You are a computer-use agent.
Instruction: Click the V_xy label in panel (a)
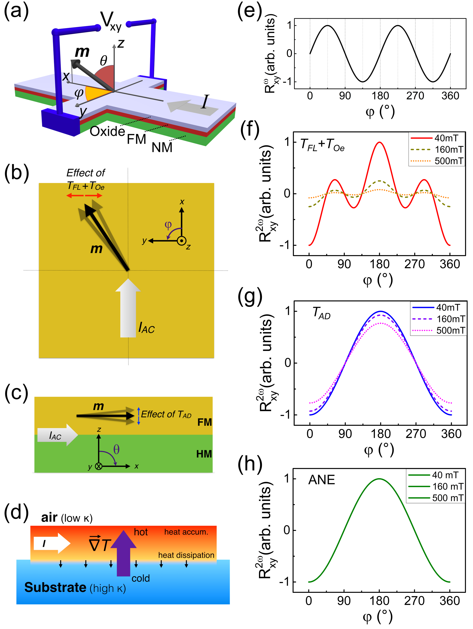tap(111, 21)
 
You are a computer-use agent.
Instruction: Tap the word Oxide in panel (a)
tap(107, 131)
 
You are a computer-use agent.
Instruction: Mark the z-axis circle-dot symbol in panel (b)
tap(181, 241)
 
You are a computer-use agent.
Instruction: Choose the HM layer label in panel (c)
tap(204, 454)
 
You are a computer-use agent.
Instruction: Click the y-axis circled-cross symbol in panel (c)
tap(99, 466)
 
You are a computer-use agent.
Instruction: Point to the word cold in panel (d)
tap(141, 578)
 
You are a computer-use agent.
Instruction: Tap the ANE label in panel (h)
tap(322, 480)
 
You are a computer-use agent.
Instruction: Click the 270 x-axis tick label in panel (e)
tap(415, 96)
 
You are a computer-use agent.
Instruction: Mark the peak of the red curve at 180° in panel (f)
tap(379, 142)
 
